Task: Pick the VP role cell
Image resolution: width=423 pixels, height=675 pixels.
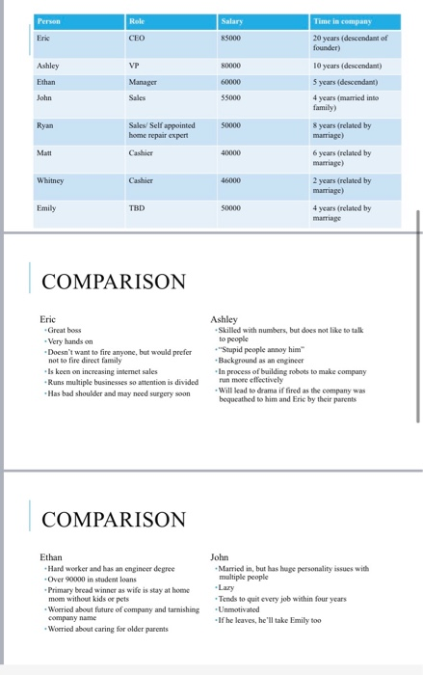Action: click(135, 65)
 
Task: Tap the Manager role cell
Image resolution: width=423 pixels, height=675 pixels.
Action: click(145, 81)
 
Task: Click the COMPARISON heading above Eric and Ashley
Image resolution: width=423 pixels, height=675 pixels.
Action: click(114, 282)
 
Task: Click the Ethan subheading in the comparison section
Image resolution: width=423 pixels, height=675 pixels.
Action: click(50, 557)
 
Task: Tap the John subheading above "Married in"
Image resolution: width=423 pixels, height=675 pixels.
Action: click(220, 557)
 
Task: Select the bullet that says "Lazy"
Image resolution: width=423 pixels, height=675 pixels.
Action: click(227, 587)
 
